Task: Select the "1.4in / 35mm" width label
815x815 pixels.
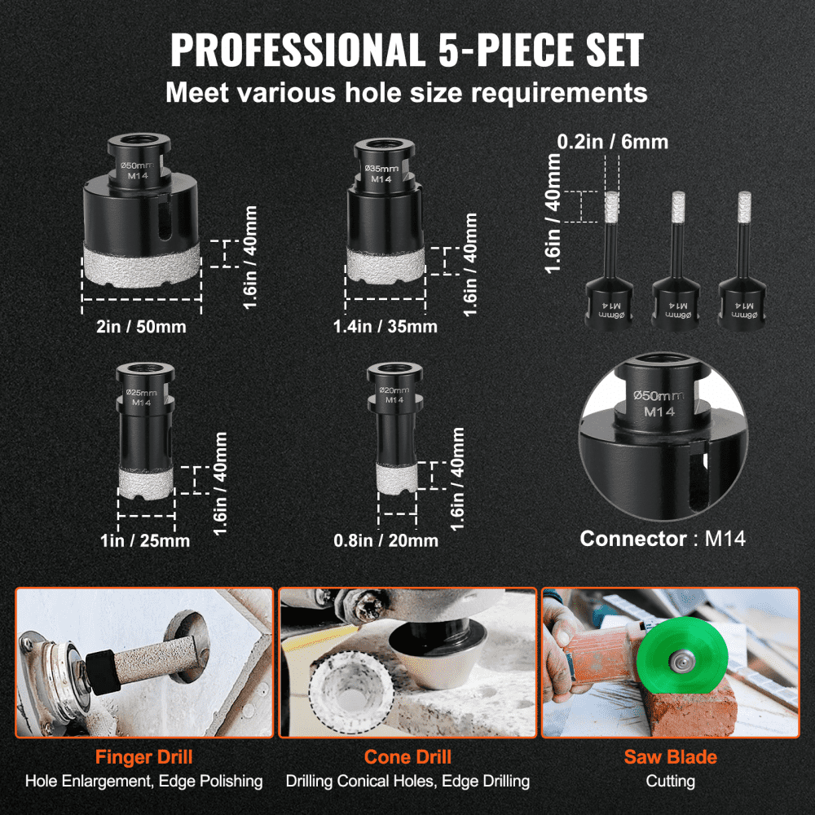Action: click(x=385, y=327)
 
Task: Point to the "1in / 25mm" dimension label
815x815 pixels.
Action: click(x=146, y=540)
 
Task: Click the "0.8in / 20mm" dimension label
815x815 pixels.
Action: click(x=385, y=540)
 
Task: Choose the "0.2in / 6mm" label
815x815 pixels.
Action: click(x=613, y=142)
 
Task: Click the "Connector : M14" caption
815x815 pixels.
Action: click(x=662, y=539)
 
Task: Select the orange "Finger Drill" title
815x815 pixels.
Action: click(x=143, y=757)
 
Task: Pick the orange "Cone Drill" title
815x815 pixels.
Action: click(x=407, y=757)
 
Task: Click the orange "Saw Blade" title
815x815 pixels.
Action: click(x=670, y=757)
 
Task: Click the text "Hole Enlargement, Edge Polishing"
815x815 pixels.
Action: click(x=143, y=781)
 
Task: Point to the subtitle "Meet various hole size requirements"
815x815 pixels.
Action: click(x=407, y=91)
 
